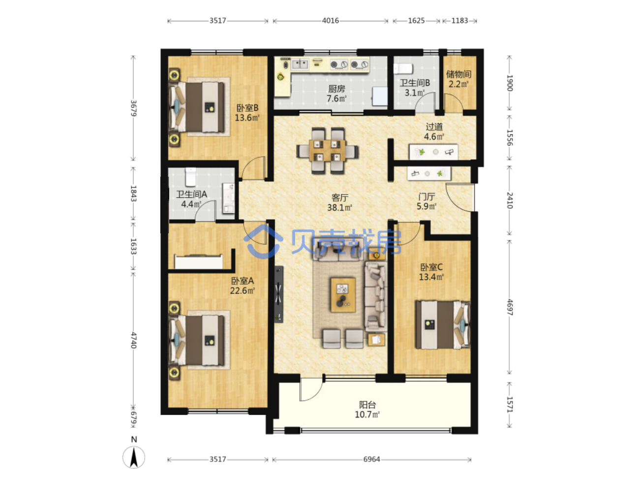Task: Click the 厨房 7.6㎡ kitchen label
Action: [x=336, y=94]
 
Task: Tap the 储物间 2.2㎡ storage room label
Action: [x=458, y=79]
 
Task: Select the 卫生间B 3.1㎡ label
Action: [x=415, y=88]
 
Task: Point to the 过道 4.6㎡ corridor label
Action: [x=434, y=131]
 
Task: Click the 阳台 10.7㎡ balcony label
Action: [x=367, y=409]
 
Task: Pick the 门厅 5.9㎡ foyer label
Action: [x=426, y=201]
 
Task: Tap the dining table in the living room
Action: [x=327, y=151]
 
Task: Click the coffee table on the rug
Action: [x=343, y=294]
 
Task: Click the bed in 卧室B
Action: [x=197, y=107]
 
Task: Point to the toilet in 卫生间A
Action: [x=191, y=177]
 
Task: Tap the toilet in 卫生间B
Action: [x=403, y=69]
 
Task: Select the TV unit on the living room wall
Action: [x=278, y=294]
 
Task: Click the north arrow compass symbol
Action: [x=134, y=457]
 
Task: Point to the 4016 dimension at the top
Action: [x=331, y=21]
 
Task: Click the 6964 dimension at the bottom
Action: [x=372, y=459]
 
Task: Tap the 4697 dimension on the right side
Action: [x=510, y=307]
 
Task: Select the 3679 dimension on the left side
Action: [x=133, y=108]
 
